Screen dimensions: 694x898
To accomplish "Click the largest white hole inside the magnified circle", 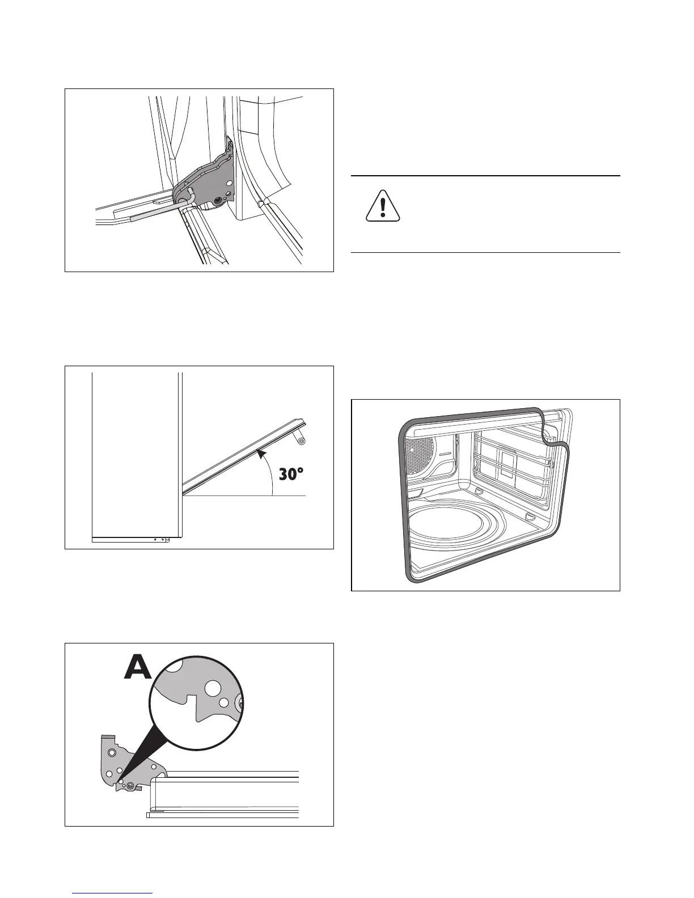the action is [x=214, y=689].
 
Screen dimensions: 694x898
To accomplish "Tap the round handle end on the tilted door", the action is [x=302, y=440].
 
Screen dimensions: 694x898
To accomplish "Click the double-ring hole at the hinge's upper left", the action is [x=112, y=752].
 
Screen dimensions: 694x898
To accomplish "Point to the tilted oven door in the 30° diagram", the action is [x=244, y=457].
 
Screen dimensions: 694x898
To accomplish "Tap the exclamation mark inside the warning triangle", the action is [x=383, y=207].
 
